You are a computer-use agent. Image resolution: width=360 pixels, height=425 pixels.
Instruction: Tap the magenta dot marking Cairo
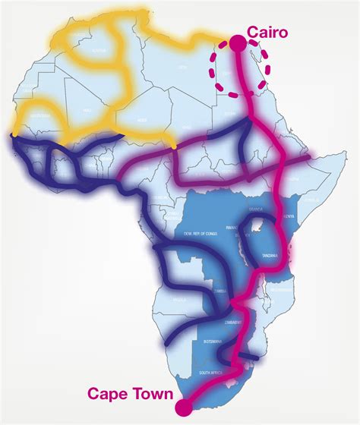pos(238,45)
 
